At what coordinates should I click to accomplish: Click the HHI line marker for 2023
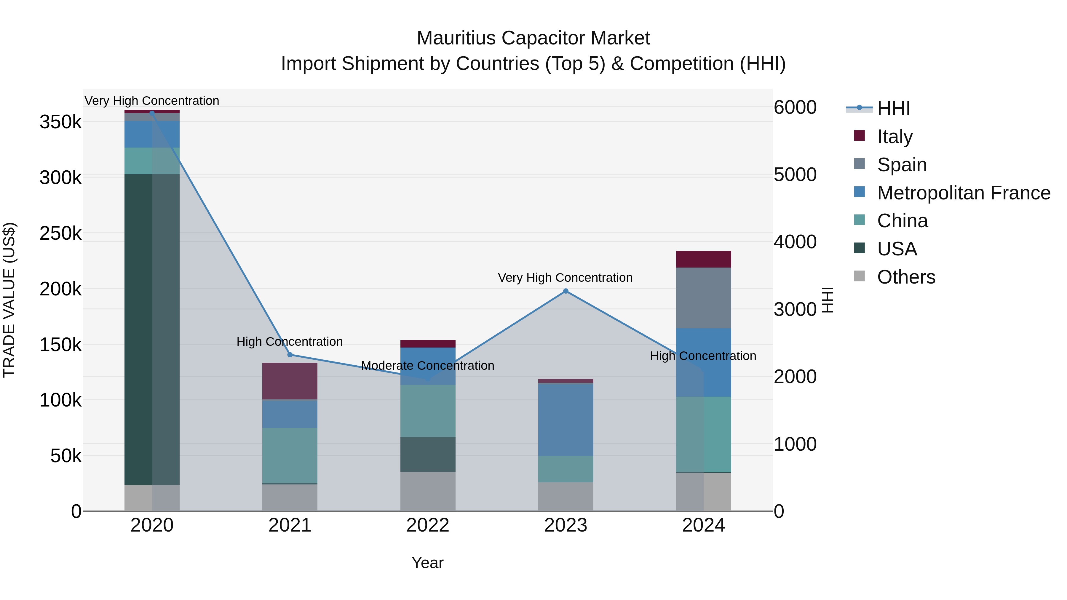click(566, 291)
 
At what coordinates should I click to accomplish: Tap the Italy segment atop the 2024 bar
click(703, 259)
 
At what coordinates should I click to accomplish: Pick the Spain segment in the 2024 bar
click(703, 298)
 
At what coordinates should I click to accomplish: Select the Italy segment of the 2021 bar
click(290, 381)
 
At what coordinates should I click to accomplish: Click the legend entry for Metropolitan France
click(964, 193)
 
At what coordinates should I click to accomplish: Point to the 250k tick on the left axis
click(60, 233)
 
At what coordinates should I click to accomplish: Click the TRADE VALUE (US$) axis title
click(9, 300)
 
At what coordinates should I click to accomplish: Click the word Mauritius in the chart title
click(456, 38)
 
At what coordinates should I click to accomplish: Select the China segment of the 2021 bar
click(290, 455)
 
